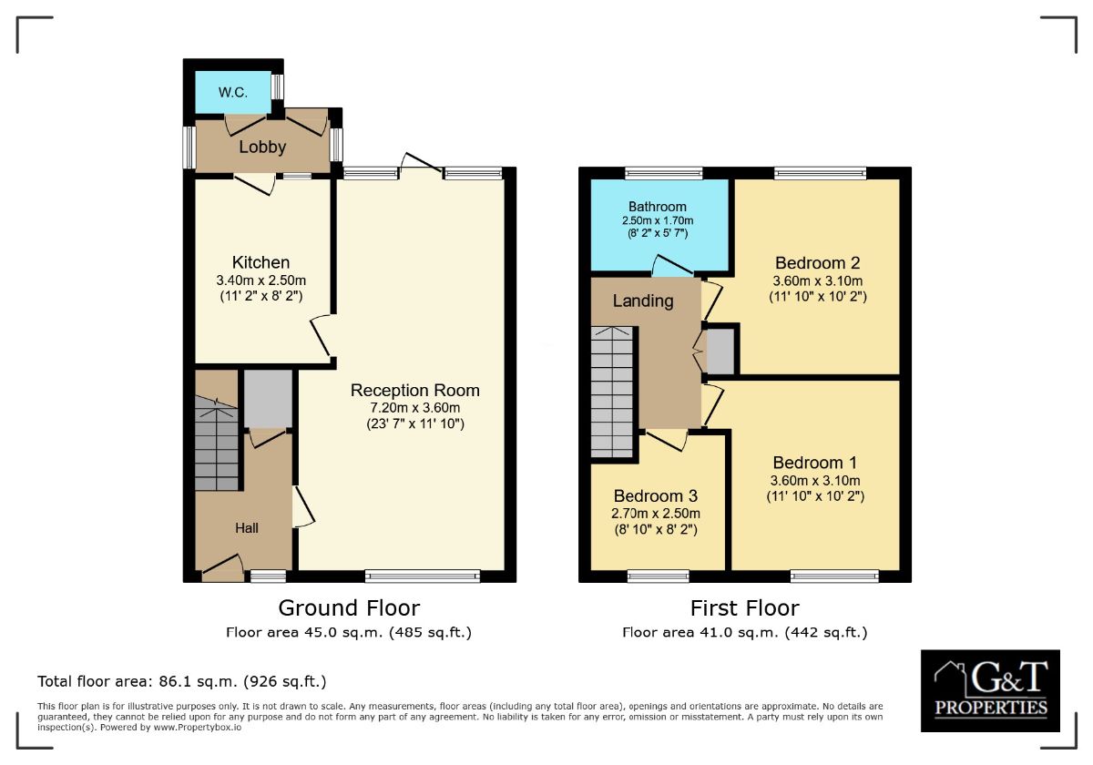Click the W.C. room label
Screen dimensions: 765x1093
point(232,93)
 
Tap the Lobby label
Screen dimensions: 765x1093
point(262,147)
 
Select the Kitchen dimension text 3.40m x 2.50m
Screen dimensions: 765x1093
point(260,280)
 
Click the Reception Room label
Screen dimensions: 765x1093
point(415,391)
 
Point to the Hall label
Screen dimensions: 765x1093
point(247,527)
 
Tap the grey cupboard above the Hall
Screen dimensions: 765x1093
point(268,398)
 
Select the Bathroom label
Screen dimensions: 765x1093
point(657,207)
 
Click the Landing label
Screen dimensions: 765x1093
point(643,301)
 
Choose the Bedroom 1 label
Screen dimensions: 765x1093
point(814,463)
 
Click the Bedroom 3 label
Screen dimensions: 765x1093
point(655,496)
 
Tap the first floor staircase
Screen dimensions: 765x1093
point(612,392)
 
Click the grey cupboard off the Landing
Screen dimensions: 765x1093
point(720,351)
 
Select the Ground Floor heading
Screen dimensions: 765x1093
point(349,607)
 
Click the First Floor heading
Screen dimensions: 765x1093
point(744,607)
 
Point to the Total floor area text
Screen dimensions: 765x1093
point(181,681)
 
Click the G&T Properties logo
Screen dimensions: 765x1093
point(990,691)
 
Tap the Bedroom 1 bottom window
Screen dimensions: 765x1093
point(834,575)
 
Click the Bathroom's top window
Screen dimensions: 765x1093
point(663,172)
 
